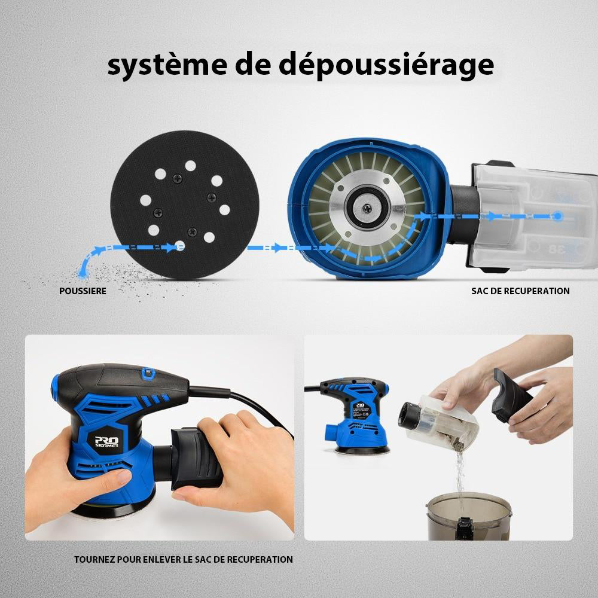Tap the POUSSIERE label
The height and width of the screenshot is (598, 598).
click(83, 291)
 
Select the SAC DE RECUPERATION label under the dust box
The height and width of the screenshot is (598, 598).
click(520, 291)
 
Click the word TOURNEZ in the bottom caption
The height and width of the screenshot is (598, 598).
click(96, 560)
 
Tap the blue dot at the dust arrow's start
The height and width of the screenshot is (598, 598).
click(82, 273)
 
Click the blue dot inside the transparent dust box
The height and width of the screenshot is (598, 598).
click(557, 215)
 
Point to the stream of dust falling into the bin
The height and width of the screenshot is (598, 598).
click(460, 478)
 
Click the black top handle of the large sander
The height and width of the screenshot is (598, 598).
click(120, 383)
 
